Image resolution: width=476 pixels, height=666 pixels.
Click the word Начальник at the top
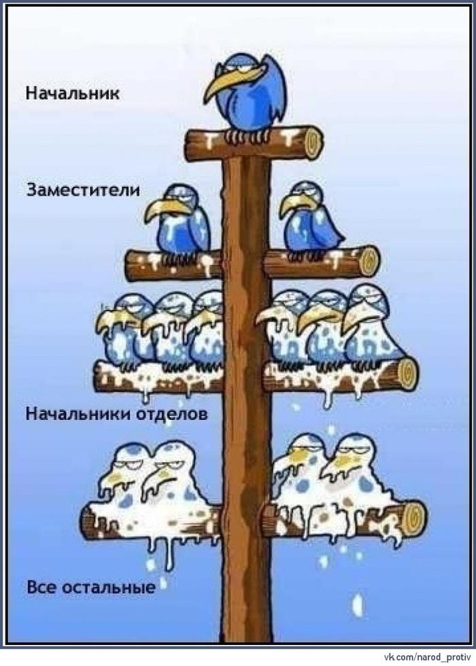(x=73, y=92)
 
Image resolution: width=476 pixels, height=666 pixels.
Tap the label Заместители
(x=83, y=190)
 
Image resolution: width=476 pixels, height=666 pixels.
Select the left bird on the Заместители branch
(x=179, y=221)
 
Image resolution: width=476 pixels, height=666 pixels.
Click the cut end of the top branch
(x=312, y=142)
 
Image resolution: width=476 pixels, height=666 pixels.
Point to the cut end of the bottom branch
(x=413, y=519)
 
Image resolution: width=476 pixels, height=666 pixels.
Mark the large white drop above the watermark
(x=357, y=603)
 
